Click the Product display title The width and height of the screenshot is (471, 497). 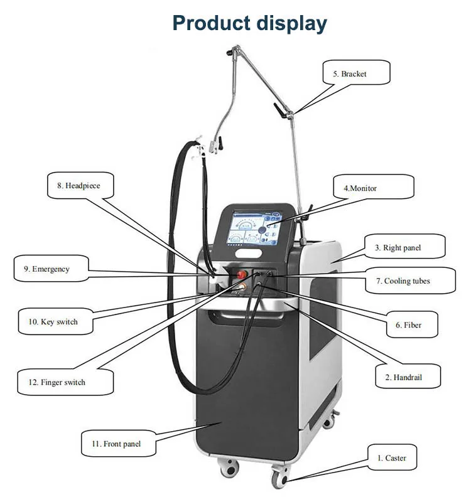click(x=250, y=23)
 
